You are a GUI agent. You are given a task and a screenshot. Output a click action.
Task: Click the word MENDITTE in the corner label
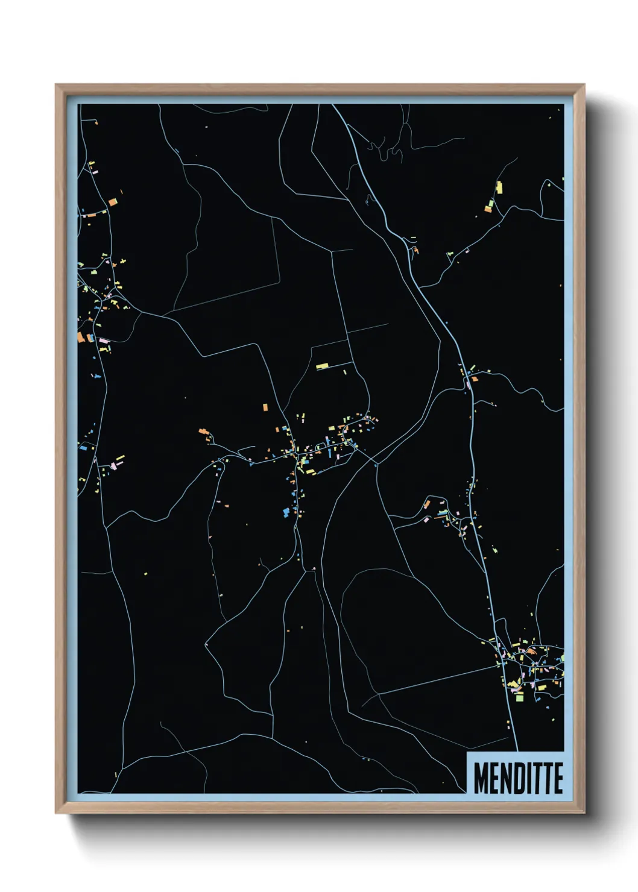pos(517,777)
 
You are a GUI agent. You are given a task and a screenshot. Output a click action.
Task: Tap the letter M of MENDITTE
pos(481,777)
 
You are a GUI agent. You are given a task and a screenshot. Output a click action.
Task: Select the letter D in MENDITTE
pos(517,777)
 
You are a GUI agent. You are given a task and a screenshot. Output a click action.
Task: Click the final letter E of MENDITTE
pos(558,777)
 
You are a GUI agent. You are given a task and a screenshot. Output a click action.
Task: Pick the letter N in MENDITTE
pos(505,777)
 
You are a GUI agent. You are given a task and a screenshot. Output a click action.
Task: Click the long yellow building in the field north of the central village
pos(323,366)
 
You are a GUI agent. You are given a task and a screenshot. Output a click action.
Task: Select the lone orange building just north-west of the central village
pos(265,407)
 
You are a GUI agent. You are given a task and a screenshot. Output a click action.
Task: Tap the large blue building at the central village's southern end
pos(286,512)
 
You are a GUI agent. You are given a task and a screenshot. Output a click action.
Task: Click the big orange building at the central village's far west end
pos(204,432)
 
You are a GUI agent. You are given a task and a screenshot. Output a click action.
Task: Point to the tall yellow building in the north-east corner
pos(499,187)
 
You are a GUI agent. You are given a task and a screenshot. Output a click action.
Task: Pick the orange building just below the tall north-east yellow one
pos(488,209)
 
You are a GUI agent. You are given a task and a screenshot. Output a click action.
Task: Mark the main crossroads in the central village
pos(295,456)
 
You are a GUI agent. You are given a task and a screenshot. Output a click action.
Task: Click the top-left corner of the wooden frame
pos(56,85)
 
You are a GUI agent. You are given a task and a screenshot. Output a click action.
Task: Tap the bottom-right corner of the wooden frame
pos(584,813)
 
